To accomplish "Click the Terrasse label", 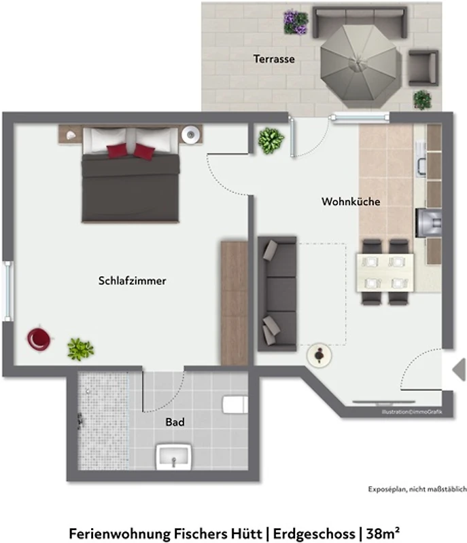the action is click(x=274, y=59).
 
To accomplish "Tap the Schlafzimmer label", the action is click(x=132, y=280).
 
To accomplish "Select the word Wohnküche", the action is click(x=351, y=202).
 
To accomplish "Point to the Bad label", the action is click(x=175, y=422).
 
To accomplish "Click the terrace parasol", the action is click(x=358, y=67).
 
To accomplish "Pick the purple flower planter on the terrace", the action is click(x=296, y=23).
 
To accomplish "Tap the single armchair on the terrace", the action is click(x=423, y=68).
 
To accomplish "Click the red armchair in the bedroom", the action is click(x=39, y=338).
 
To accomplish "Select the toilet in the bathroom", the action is click(x=235, y=405).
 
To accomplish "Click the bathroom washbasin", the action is click(x=174, y=457).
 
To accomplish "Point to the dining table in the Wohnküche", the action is click(x=385, y=273).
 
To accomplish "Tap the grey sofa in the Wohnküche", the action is click(x=277, y=294).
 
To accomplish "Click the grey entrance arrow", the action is click(x=460, y=370).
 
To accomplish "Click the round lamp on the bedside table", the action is click(x=190, y=134).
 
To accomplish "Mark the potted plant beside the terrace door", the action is click(x=271, y=140).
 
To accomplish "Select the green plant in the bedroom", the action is click(x=80, y=349).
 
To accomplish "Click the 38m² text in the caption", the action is click(x=383, y=533).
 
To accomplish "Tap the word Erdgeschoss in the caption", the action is click(x=314, y=534).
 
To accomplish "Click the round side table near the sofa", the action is click(x=319, y=355).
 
